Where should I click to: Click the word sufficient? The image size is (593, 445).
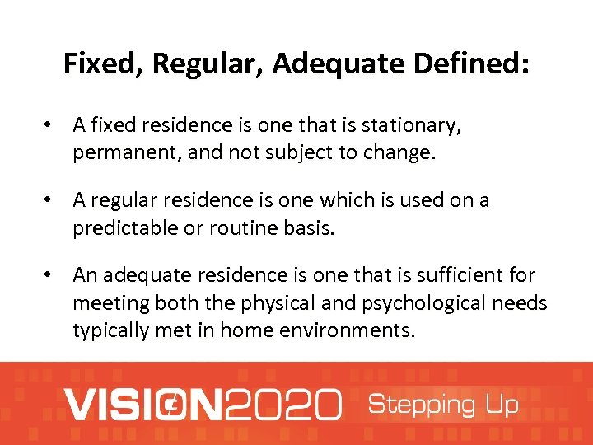click(458, 275)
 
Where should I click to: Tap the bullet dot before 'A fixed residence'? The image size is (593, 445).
click(50, 125)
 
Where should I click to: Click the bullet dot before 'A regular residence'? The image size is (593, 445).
click(50, 200)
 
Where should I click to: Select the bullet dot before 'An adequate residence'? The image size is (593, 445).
click(50, 275)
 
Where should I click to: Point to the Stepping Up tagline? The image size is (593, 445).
click(442, 405)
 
